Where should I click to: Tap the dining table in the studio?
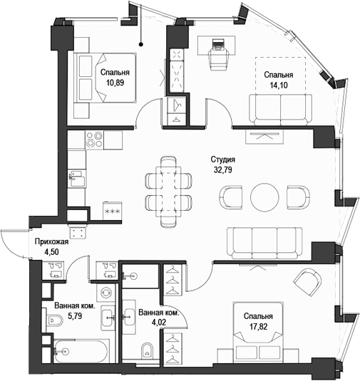pyautogui.click(x=169, y=189)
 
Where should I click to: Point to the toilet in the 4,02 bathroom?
pyautogui.click(x=147, y=349)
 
